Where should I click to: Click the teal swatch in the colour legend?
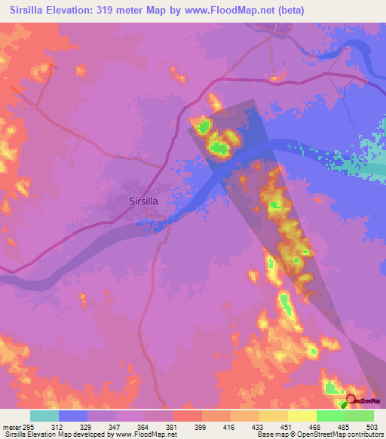pyautogui.click(x=44, y=416)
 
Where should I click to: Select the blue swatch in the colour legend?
pyautogui.click(x=72, y=416)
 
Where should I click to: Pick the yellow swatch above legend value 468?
pyautogui.click(x=302, y=416)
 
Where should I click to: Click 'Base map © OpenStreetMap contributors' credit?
pyautogui.click(x=318, y=435)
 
